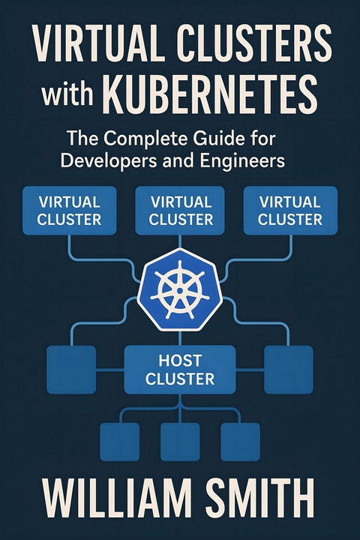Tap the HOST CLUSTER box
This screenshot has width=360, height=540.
point(180,369)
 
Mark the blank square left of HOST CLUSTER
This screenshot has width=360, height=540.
point(71,370)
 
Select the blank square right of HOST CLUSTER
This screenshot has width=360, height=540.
point(288,370)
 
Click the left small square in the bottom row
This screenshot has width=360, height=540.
point(119,442)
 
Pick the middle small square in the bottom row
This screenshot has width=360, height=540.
point(180,442)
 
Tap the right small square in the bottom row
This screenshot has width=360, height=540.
point(240,442)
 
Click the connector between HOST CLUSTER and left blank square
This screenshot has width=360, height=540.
point(109,370)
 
